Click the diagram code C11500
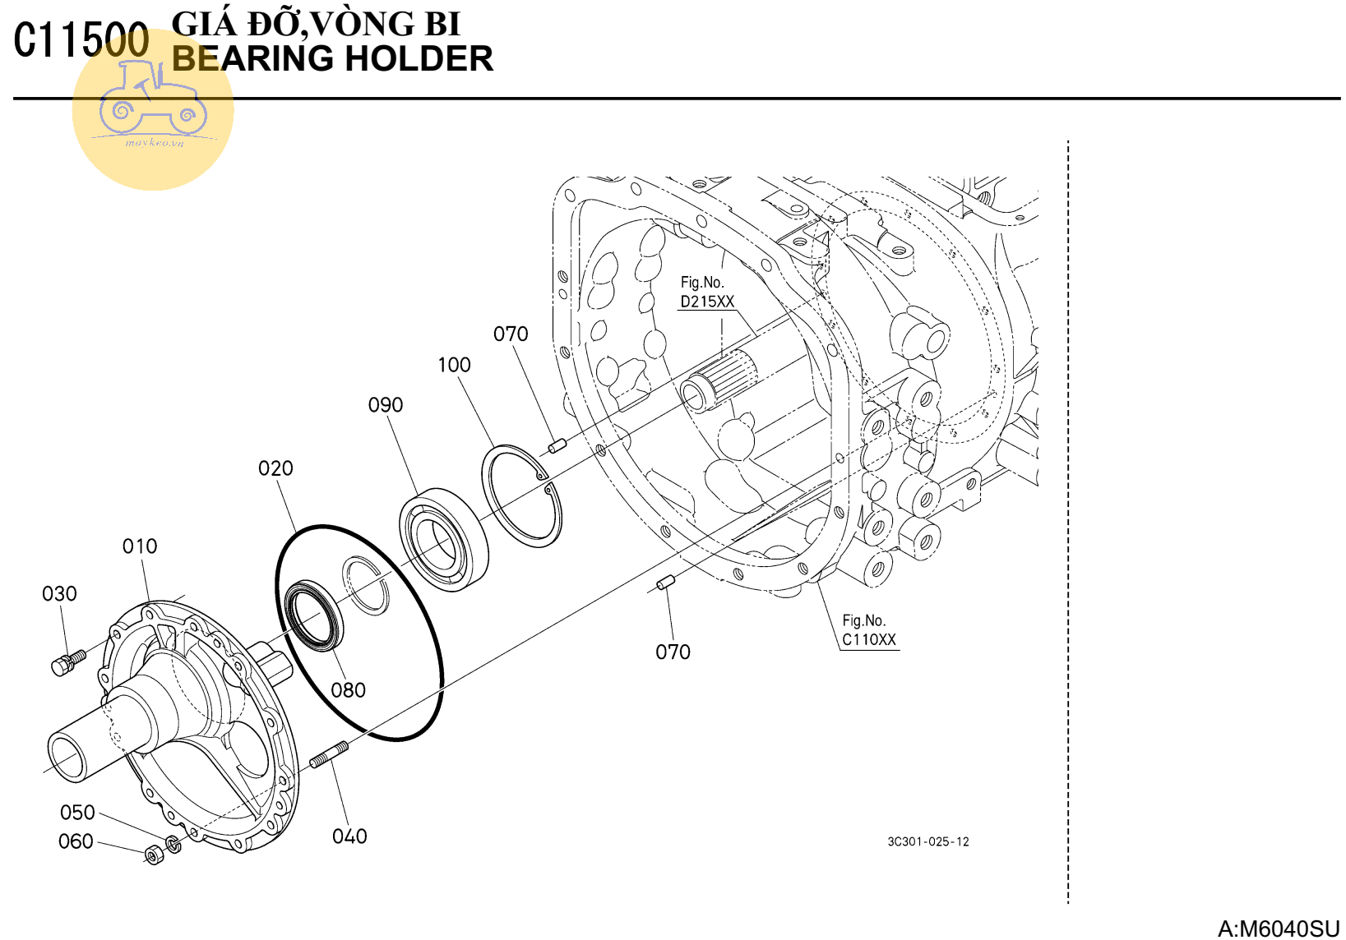point(81,40)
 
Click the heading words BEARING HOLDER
point(332,59)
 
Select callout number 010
point(140,546)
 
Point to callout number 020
point(275,468)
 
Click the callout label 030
point(59,594)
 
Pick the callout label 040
point(349,836)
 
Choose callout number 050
point(77,813)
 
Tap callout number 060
point(76,841)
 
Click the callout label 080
point(348,690)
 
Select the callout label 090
point(386,405)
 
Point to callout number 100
point(454,365)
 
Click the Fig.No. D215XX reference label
point(706,293)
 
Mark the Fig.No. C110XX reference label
point(868,631)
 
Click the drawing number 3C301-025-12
point(927,841)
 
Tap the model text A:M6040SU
point(1279,928)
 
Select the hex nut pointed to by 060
point(154,855)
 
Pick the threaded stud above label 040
point(329,754)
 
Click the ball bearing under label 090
point(443,538)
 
